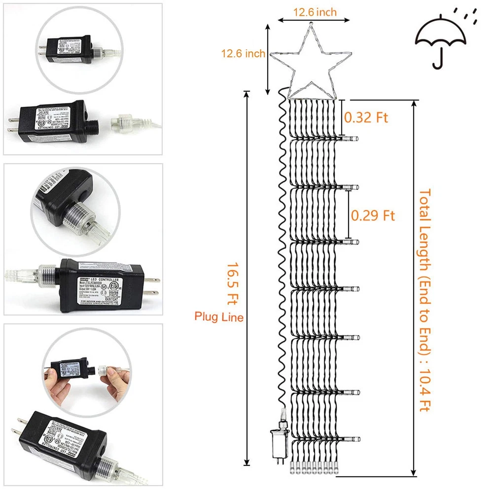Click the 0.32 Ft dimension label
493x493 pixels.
click(x=366, y=117)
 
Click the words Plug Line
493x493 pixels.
click(x=219, y=317)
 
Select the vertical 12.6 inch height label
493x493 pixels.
click(x=243, y=54)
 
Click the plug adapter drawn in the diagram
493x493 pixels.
click(x=278, y=441)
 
